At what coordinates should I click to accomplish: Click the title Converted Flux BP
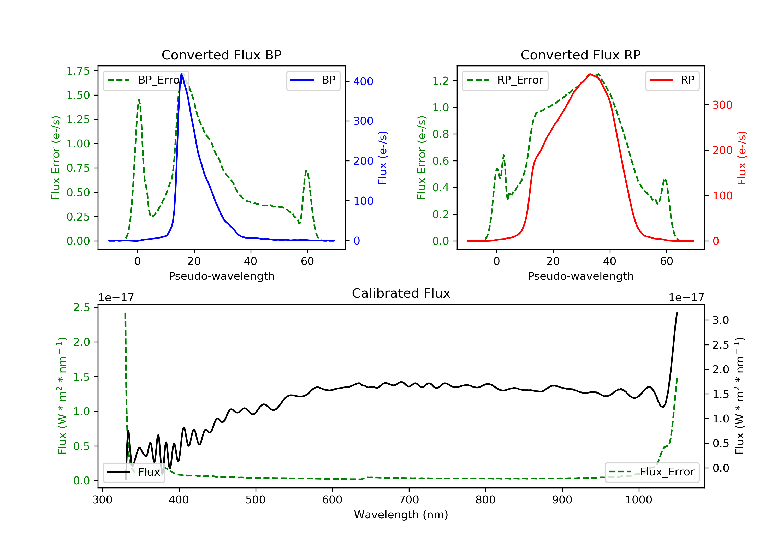pos(221,55)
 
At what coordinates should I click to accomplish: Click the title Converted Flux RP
pos(580,55)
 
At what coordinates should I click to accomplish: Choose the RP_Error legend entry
pos(505,80)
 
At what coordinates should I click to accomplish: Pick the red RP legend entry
pos(672,80)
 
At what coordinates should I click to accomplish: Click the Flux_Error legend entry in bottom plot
pos(652,472)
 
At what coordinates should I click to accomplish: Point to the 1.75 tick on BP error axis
pos(78,71)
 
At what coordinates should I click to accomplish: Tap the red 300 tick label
pos(722,105)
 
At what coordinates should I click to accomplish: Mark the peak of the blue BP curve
pos(181,74)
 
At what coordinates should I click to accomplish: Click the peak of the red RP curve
pos(590,74)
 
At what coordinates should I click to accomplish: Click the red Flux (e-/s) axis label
pos(742,158)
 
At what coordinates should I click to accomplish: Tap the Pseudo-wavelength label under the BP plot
pos(221,276)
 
